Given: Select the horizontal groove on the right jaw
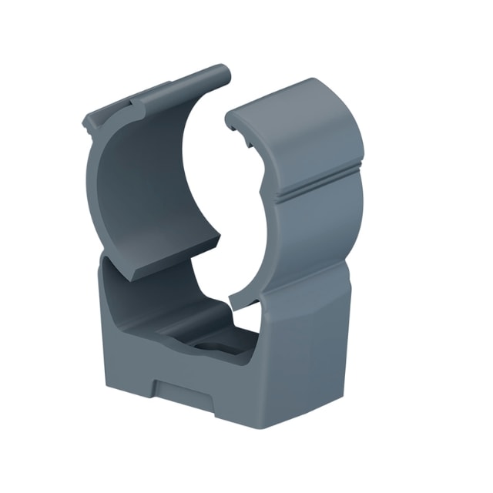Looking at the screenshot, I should (316, 193).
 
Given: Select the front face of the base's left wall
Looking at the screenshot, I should (123, 331).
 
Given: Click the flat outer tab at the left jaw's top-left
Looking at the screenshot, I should (100, 122).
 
